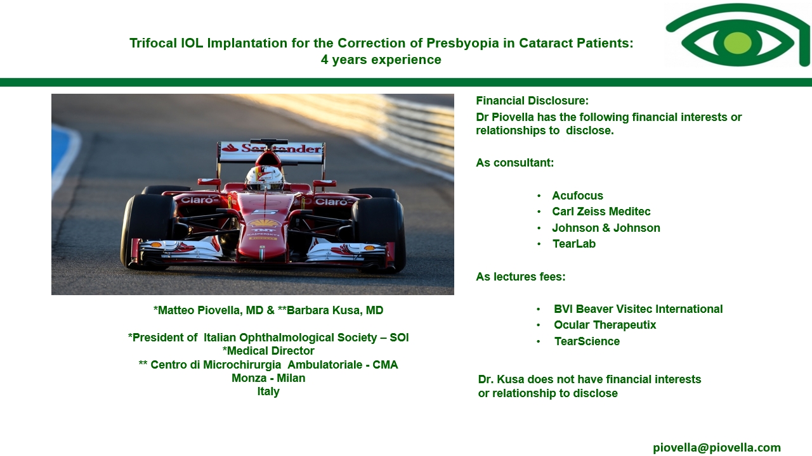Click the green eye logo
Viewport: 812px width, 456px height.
pos(738,36)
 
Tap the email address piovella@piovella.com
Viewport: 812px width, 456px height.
pos(717,448)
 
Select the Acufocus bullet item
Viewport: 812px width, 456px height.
pos(577,196)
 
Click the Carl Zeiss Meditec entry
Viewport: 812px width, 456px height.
pos(601,212)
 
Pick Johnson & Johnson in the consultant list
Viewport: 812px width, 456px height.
pos(606,228)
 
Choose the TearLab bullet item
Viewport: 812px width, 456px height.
pos(574,244)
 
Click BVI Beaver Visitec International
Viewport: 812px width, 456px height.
pos(638,309)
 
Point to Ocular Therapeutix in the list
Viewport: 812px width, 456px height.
pos(605,325)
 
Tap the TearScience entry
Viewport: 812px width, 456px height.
pos(587,341)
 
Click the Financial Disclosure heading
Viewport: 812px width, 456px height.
pos(532,101)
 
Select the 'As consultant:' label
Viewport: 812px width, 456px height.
pos(514,163)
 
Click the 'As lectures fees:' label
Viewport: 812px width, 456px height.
pos(521,277)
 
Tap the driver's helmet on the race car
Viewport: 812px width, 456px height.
pos(265,178)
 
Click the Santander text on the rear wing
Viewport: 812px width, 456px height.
pos(281,148)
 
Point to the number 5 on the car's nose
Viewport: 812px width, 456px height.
pos(265,212)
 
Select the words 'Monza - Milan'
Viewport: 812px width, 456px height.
pos(268,378)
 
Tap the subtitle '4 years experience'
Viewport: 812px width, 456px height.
pos(381,60)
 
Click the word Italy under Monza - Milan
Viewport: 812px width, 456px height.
pos(268,391)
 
